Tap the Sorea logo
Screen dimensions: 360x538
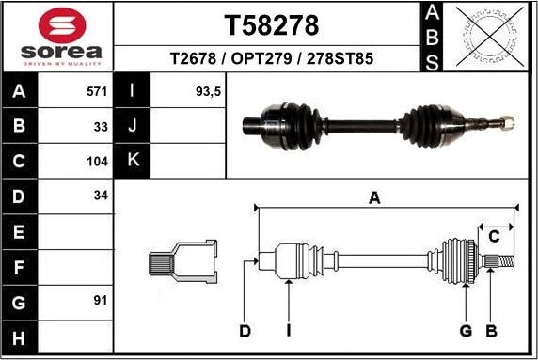(57, 38)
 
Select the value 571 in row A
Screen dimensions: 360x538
(97, 91)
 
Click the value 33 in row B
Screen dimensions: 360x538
(101, 126)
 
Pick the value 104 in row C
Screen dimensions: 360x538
(97, 161)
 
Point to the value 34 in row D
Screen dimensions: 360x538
(101, 196)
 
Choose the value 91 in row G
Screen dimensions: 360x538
(101, 301)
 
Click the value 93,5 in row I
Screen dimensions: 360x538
(206, 91)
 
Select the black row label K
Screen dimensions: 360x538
(133, 160)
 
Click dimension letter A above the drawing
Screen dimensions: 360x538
(374, 197)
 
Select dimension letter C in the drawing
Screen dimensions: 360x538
(493, 236)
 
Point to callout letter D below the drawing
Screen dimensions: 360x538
(244, 331)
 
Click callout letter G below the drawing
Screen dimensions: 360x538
(465, 331)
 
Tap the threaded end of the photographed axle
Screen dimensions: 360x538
(505, 121)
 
